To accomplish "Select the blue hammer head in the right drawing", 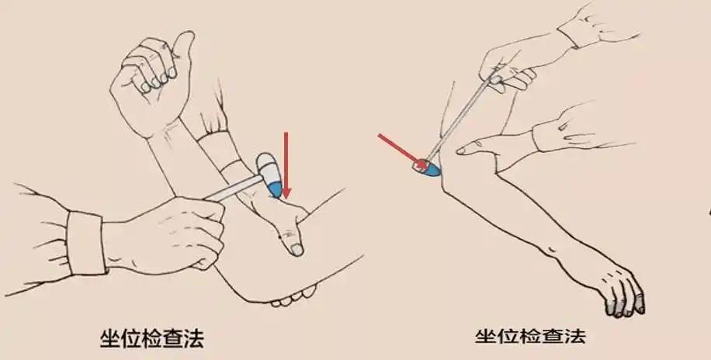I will (x=428, y=167).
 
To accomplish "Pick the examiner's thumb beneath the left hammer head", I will (x=291, y=233).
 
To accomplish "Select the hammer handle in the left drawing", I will (x=233, y=188).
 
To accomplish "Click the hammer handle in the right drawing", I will (x=466, y=116).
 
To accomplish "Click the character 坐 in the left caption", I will (x=111, y=338).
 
